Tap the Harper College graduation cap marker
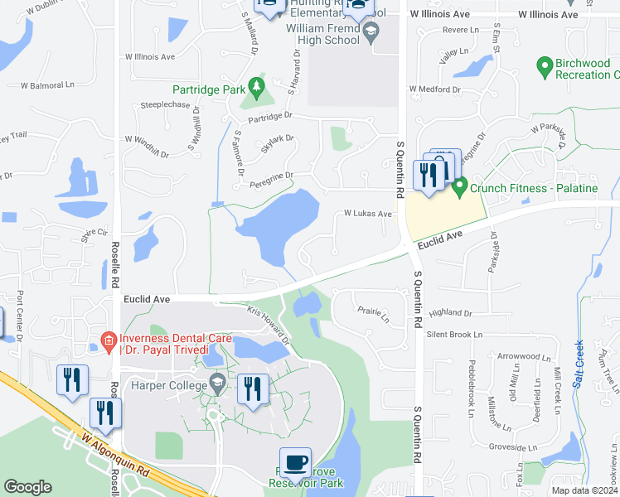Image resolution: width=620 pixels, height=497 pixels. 217,382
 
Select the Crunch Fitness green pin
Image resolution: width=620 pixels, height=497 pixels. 460,186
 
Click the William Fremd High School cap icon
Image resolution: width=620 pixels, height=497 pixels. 371,35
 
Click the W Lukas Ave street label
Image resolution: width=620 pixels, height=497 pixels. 368,214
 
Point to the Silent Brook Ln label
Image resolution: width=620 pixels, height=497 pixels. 453,335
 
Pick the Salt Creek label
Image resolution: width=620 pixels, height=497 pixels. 579,364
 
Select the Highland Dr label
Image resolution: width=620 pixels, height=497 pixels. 450,313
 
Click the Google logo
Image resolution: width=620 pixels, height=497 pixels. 27,487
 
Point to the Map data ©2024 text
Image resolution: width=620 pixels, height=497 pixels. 584,490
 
